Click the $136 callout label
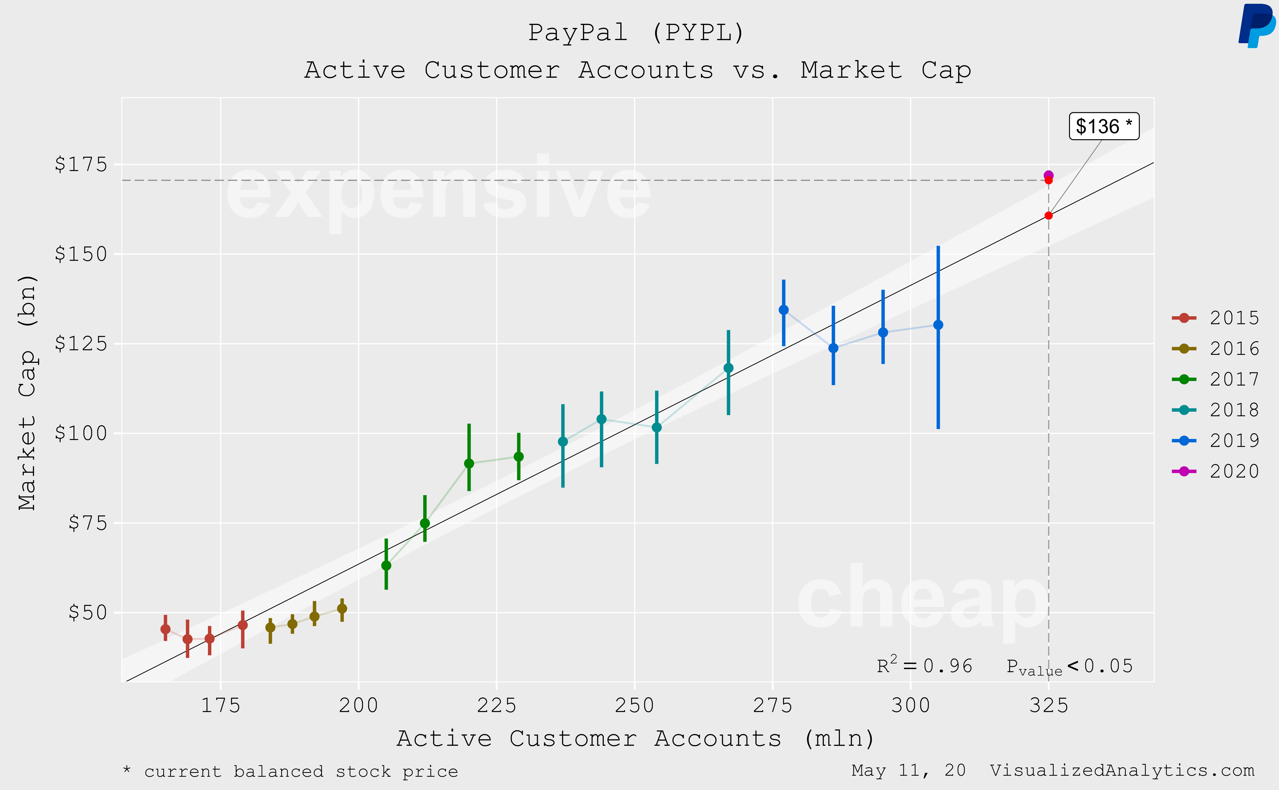[1103, 127]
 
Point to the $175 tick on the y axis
[81, 165]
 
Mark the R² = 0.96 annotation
[924, 666]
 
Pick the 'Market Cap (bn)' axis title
[27, 392]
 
